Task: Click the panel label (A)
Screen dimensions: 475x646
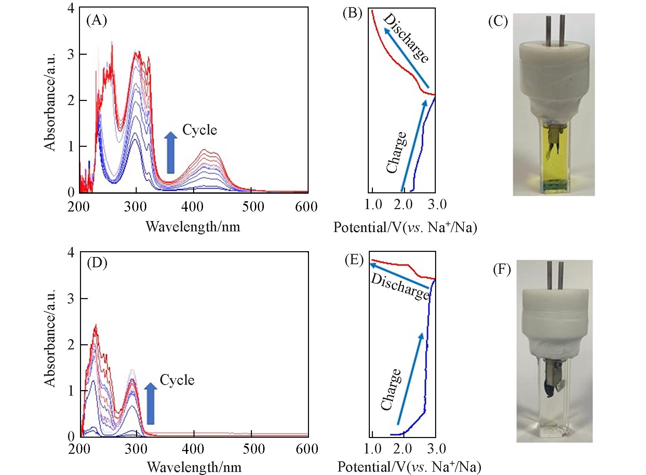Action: point(97,21)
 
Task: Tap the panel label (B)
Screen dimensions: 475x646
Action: point(352,13)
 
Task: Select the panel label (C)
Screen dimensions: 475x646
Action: point(498,21)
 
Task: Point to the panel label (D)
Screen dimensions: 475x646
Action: point(97,263)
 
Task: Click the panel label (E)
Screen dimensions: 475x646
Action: point(354,260)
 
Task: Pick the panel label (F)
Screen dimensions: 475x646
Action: point(502,270)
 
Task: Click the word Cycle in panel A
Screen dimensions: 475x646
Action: point(200,130)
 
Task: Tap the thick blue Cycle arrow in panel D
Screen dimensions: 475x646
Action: point(150,404)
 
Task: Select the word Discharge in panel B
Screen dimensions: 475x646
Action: point(406,38)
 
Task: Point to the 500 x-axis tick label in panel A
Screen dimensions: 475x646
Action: point(253,207)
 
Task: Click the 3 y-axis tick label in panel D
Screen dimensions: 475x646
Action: point(71,299)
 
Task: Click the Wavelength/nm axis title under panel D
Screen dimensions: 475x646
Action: point(194,467)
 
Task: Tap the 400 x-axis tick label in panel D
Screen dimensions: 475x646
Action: point(194,449)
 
